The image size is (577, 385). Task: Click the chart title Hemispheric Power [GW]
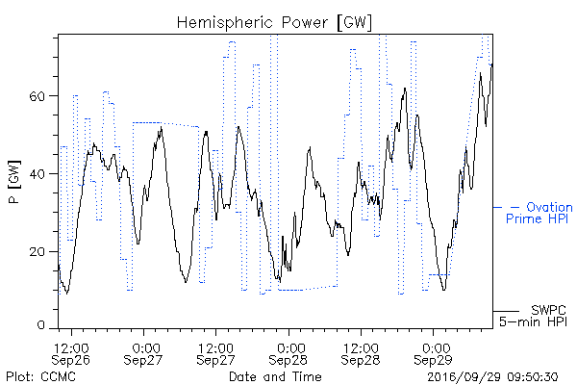tap(274, 22)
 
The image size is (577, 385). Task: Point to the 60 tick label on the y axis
tap(37, 96)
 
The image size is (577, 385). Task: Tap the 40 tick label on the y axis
tap(37, 174)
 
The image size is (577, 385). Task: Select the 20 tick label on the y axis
tap(37, 251)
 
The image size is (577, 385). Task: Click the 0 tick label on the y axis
tap(40, 325)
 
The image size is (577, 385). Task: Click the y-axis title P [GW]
tap(14, 182)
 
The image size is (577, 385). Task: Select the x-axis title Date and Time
tap(275, 376)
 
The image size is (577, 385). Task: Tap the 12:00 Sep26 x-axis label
tap(71, 354)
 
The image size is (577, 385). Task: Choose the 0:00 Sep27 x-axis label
tap(143, 354)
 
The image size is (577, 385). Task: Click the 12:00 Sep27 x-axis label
tap(215, 354)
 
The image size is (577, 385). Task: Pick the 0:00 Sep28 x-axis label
tap(288, 354)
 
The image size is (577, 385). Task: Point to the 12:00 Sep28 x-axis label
tap(361, 354)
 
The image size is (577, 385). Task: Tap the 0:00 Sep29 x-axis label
tap(433, 354)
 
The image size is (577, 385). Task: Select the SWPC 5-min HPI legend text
tap(533, 316)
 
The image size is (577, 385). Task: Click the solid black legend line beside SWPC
tap(506, 311)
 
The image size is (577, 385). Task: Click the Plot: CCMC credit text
tap(40, 376)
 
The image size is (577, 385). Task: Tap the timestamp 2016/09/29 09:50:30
tap(492, 376)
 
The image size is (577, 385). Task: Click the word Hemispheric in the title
tap(224, 23)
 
